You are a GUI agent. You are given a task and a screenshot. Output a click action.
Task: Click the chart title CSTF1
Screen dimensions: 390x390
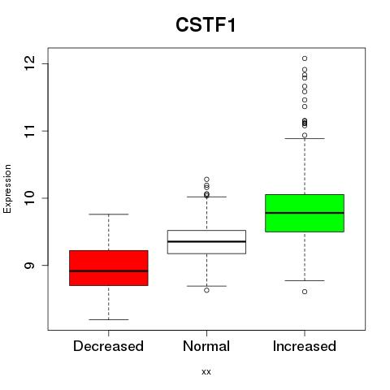(x=206, y=25)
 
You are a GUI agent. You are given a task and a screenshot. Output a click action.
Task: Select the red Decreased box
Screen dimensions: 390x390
(x=109, y=268)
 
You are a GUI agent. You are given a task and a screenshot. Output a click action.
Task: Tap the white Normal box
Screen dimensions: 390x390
(x=206, y=242)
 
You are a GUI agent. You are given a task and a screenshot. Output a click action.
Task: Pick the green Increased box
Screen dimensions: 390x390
(x=305, y=213)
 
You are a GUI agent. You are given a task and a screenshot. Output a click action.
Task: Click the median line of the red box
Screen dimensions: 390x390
(x=109, y=271)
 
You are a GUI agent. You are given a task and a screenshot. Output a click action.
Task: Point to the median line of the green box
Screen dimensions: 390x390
(x=305, y=213)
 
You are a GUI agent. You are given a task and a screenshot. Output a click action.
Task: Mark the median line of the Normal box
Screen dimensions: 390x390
(x=206, y=241)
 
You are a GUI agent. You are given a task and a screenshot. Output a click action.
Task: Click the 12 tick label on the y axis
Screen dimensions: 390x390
(x=29, y=63)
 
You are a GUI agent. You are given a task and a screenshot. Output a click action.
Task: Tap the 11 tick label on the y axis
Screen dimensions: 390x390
(x=29, y=131)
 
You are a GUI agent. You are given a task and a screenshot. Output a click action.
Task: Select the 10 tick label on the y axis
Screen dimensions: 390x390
(x=29, y=198)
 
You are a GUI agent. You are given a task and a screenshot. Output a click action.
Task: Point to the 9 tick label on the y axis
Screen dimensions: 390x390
(x=29, y=265)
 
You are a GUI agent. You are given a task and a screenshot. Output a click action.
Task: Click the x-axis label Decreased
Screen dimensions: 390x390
(x=108, y=346)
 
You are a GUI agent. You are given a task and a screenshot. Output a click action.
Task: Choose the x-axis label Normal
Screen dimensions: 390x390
(x=206, y=346)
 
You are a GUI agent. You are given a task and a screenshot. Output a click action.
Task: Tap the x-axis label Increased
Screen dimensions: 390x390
(x=305, y=346)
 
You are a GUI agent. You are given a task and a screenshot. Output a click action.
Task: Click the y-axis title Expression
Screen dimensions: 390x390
(x=7, y=188)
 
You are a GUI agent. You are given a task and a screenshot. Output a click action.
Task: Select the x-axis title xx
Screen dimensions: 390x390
(x=206, y=372)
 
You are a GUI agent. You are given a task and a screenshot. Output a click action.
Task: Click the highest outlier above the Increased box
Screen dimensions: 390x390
(x=305, y=58)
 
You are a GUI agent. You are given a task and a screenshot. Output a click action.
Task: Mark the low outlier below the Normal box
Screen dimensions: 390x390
(x=206, y=290)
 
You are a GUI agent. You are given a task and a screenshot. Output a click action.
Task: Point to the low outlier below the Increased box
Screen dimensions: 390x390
(x=305, y=292)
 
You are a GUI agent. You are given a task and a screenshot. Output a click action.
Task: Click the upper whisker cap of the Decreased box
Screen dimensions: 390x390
(x=109, y=214)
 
